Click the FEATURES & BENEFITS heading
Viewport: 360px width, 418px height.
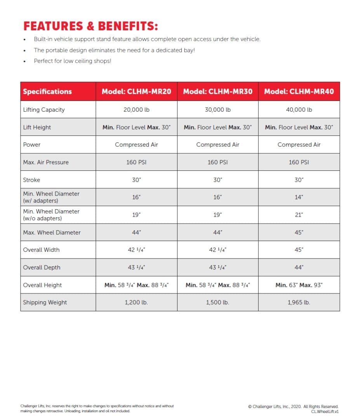pos(90,26)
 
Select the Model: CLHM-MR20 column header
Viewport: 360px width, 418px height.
pos(136,92)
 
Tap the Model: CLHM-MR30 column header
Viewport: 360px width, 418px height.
pos(217,92)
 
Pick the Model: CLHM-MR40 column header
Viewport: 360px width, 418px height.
pos(299,92)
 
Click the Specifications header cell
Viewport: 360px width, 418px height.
pos(47,92)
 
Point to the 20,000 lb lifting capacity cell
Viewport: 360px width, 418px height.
pos(136,109)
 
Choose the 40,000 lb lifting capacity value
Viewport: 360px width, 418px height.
pos(299,109)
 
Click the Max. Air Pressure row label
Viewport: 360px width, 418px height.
pos(46,162)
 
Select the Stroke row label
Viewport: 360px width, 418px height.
pos(31,180)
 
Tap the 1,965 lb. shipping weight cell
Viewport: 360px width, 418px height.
pos(299,302)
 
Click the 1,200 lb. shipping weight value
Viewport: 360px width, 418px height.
pos(136,302)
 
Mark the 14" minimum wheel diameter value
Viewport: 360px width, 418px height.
pos(299,197)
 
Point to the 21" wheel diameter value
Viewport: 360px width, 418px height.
pos(299,215)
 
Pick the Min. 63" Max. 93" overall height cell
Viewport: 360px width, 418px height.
pos(299,285)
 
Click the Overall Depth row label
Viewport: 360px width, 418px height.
pos(42,267)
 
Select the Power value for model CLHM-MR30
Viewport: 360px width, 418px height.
pos(217,144)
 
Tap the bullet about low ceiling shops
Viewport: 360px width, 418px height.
pos(72,61)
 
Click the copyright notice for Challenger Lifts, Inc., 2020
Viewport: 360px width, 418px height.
pos(293,406)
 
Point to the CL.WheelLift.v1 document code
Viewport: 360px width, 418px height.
pos(325,411)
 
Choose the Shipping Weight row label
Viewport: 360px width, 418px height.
pos(45,302)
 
